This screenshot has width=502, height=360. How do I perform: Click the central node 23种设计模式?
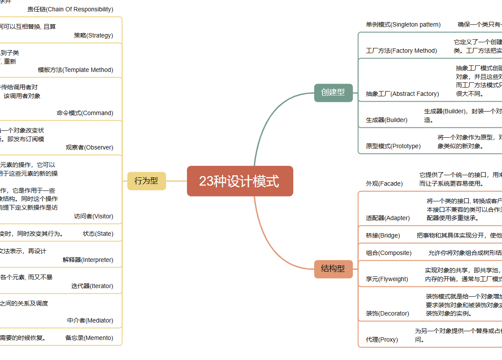(x=240, y=181)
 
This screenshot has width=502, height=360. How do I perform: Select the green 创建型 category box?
(x=333, y=92)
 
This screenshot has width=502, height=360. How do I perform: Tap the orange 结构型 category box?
(x=333, y=268)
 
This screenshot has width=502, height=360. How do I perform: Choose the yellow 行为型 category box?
(x=146, y=181)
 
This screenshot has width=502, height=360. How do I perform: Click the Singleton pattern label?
(x=403, y=24)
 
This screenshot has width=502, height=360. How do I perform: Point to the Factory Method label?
(x=401, y=51)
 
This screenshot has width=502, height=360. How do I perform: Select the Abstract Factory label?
(x=402, y=94)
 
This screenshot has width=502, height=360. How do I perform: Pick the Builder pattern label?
(x=387, y=120)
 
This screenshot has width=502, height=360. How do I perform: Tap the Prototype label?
(x=393, y=146)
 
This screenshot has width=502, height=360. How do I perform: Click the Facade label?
(x=384, y=183)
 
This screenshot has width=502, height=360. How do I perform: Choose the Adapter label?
(x=388, y=218)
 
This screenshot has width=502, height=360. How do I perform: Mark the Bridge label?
(x=383, y=235)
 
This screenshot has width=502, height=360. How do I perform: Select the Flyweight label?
(x=387, y=279)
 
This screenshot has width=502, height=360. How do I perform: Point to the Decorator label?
(x=387, y=313)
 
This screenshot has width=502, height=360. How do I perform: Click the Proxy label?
(x=382, y=340)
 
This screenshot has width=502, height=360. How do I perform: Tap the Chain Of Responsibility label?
(x=70, y=9)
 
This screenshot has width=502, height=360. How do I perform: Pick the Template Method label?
(x=75, y=70)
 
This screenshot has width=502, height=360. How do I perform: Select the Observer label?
(x=89, y=147)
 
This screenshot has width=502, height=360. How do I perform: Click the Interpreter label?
(x=88, y=260)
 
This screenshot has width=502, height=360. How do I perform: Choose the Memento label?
(x=89, y=338)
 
